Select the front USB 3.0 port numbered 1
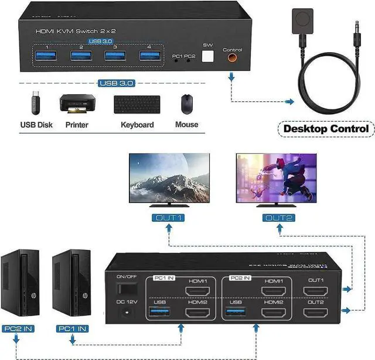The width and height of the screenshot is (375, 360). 47,56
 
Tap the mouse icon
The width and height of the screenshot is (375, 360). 186,104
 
